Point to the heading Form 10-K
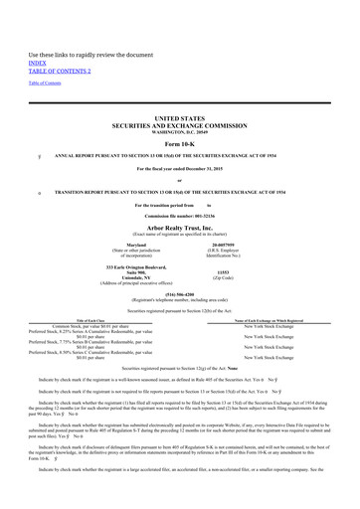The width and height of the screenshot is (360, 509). [x=180, y=117]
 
